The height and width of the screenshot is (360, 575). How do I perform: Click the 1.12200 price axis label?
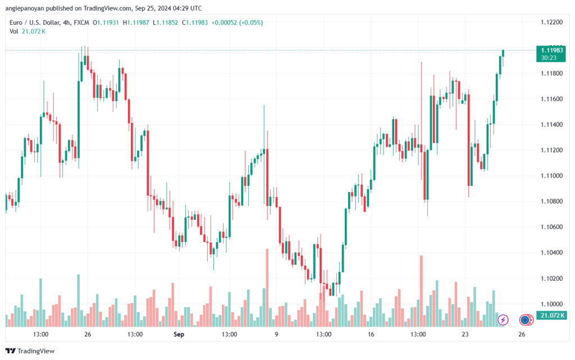pos(551,22)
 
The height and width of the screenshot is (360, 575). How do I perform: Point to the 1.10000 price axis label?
pos(551,304)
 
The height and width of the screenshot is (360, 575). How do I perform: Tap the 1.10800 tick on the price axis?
pos(551,201)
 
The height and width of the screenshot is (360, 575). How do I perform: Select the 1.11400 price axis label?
pos(551,125)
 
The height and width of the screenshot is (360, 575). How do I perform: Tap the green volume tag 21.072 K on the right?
pos(551,315)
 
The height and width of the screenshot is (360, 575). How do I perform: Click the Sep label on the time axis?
pos(179,334)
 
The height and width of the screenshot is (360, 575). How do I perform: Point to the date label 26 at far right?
pos(522,334)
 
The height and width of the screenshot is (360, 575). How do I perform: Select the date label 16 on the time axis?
pos(371,334)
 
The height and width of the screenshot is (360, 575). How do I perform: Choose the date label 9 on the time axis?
pos(276,334)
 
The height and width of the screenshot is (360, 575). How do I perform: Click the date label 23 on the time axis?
pos(465,334)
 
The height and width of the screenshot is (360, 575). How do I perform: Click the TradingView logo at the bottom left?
pos(30,351)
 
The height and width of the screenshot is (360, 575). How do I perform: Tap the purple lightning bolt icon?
pos(503,320)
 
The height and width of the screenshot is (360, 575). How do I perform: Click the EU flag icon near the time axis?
pos(525,320)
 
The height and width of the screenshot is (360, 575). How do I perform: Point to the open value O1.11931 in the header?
pos(106,22)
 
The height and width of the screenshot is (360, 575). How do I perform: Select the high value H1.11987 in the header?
pos(136,22)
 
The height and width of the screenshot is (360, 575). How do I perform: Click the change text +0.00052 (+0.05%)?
pos(238,22)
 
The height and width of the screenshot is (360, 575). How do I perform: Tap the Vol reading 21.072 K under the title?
pos(34,31)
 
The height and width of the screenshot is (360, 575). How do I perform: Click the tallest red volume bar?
pos(267,288)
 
